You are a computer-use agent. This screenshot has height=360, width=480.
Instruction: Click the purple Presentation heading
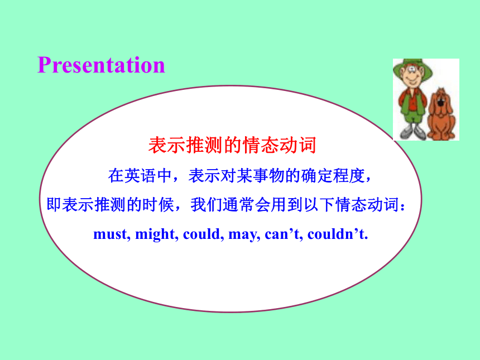(101, 65)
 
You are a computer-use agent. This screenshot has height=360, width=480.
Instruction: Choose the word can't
(284, 234)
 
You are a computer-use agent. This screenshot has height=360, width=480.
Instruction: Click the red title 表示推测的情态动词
(232, 145)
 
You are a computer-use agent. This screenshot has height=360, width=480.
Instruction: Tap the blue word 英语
(140, 176)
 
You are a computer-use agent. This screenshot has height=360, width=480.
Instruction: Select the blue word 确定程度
(333, 176)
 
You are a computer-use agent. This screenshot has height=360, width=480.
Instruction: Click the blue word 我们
(207, 204)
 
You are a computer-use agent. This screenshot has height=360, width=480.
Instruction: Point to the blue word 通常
(238, 204)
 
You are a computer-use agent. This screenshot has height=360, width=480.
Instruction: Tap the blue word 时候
(159, 204)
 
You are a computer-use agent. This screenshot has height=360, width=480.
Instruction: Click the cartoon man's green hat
(412, 68)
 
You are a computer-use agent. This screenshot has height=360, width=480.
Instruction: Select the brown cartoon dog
(441, 114)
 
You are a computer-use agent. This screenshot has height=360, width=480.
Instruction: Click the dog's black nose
(440, 103)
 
